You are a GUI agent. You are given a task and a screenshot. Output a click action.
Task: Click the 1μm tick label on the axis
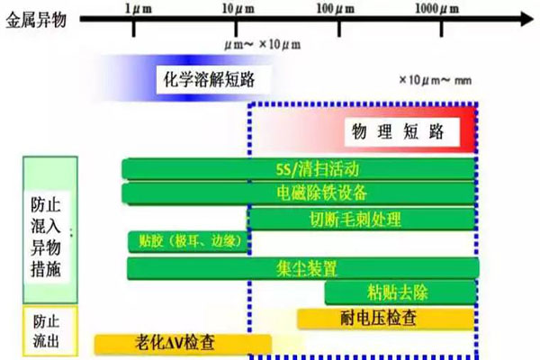(x=133, y=8)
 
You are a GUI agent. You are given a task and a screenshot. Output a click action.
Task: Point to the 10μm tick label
(x=237, y=8)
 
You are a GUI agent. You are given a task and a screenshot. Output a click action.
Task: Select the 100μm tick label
(x=338, y=8)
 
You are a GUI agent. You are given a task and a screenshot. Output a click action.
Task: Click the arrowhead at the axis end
(x=525, y=16)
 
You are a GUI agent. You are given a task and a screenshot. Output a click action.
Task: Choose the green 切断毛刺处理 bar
(x=363, y=219)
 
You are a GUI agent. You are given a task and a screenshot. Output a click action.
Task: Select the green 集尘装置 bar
(x=302, y=267)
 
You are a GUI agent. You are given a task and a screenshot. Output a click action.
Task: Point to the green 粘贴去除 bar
(x=400, y=292)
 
